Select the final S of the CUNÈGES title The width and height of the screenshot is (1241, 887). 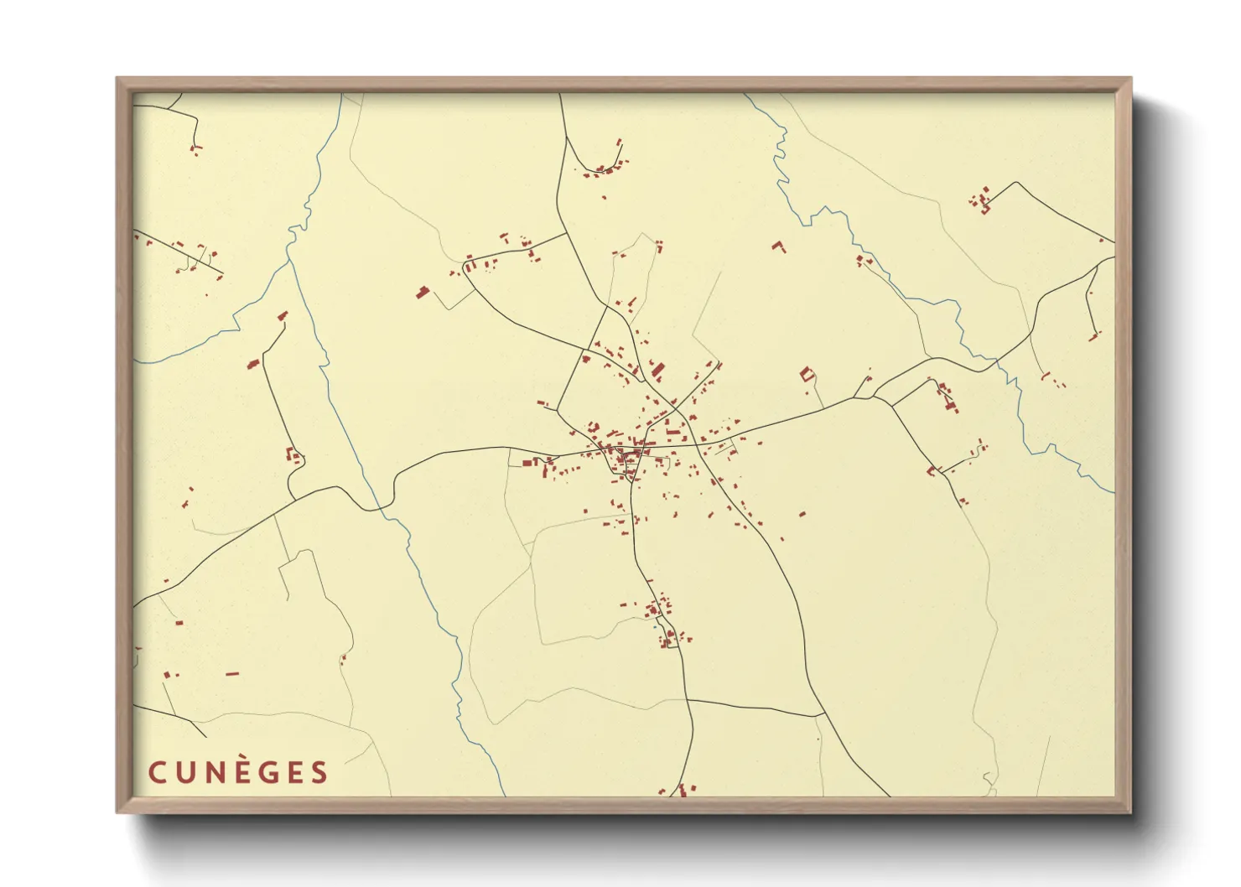(x=319, y=772)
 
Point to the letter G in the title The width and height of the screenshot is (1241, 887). (x=266, y=772)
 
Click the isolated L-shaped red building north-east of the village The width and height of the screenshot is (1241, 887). (x=779, y=246)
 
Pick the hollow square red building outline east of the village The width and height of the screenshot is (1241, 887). (x=807, y=374)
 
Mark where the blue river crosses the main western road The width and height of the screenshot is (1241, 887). (x=377, y=507)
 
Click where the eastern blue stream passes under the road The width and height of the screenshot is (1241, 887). (x=997, y=361)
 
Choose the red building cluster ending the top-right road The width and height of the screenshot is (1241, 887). (x=981, y=202)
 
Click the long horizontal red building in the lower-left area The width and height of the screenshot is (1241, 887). (x=232, y=673)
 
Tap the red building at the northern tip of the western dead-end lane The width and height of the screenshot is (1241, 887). (x=283, y=316)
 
